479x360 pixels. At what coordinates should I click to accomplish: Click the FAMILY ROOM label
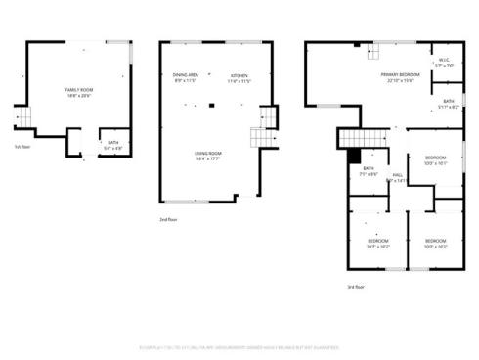[x=77, y=90]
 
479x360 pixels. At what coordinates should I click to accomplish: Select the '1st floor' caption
[x=21, y=147]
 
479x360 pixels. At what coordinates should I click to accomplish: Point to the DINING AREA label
[x=186, y=75]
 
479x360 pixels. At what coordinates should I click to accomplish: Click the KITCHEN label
[x=239, y=75]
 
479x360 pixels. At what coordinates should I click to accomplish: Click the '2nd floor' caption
[x=169, y=220]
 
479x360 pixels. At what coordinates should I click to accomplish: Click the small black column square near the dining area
[x=209, y=99]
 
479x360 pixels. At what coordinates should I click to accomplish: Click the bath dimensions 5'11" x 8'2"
[x=448, y=106]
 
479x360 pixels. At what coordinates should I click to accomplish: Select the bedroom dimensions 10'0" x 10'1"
[x=435, y=163]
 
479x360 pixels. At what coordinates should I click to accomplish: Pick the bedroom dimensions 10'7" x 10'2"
[x=378, y=247]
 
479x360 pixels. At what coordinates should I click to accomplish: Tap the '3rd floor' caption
[x=356, y=287]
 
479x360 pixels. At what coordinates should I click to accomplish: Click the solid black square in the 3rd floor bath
[x=355, y=155]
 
